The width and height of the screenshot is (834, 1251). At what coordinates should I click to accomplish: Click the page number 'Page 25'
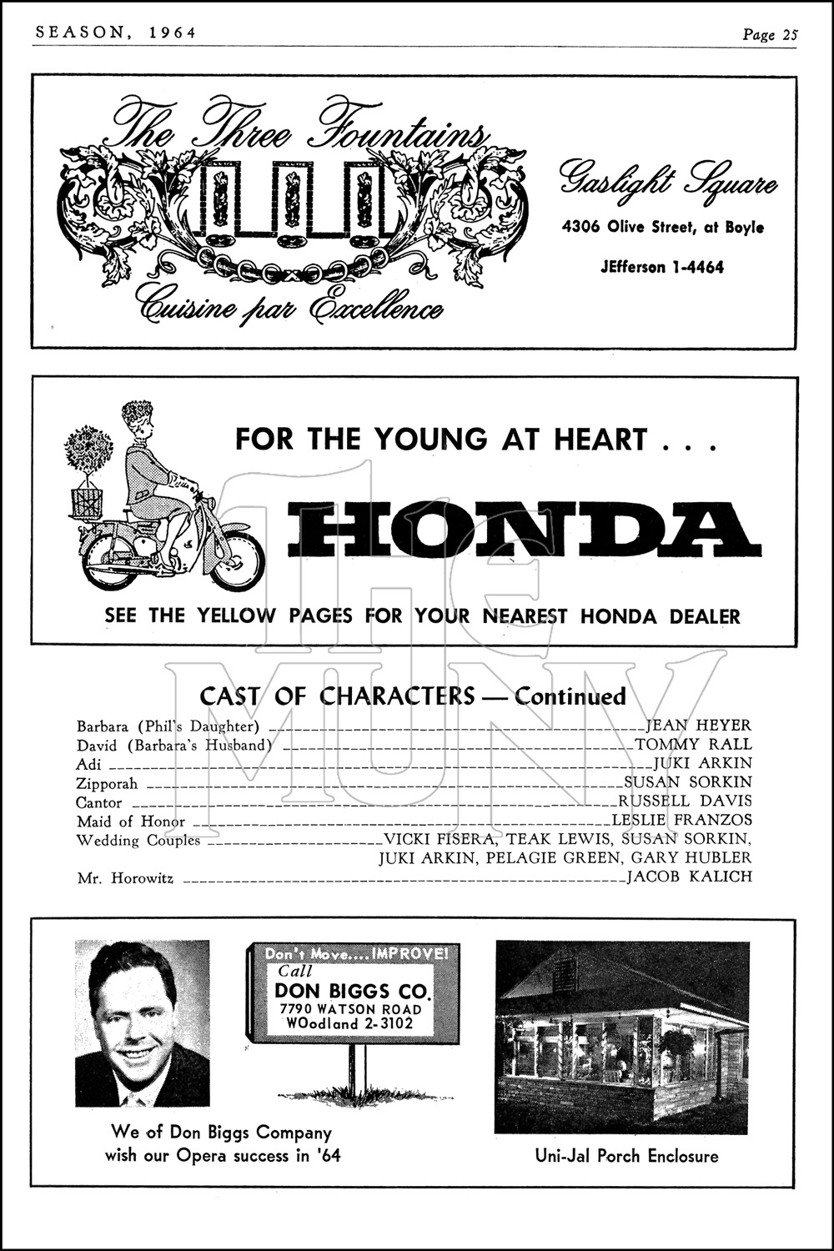770,34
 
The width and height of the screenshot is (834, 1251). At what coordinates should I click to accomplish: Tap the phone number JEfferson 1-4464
661,268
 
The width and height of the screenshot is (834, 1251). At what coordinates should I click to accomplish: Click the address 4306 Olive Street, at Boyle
662,227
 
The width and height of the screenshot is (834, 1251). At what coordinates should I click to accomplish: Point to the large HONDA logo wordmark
524,530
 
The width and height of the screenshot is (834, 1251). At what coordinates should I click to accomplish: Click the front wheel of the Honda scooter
238,560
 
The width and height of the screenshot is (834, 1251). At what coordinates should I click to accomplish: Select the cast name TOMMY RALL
693,745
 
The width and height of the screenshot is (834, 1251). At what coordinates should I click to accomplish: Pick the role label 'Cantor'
99,803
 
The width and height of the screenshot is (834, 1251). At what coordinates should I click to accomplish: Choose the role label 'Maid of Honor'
131,821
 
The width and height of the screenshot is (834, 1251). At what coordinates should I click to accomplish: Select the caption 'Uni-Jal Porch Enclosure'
626,1156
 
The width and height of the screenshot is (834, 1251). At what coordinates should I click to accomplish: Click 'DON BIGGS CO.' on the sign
353,991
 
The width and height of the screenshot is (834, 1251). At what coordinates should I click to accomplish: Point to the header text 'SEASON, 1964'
116,33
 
